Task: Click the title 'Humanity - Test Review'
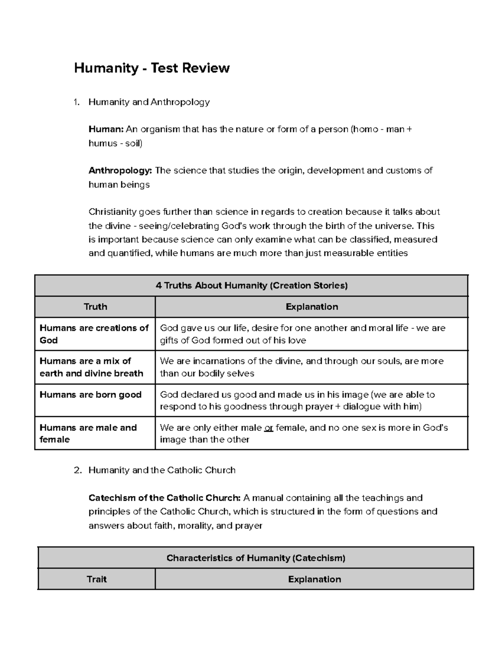coord(151,68)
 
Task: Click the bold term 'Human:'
coord(106,130)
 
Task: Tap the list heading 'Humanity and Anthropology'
coord(149,102)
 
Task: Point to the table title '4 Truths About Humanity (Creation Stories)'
coord(251,286)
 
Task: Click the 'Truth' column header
coord(95,307)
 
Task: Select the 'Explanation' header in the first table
coord(312,307)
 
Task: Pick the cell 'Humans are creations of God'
coord(94,334)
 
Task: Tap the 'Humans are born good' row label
coord(91,394)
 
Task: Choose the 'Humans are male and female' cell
coord(88,433)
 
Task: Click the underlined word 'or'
coord(269,428)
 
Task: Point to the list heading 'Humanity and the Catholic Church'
coord(162,470)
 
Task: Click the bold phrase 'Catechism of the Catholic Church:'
coord(164,498)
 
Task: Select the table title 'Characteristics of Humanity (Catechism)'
coord(256,558)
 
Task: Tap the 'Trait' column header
coord(97,579)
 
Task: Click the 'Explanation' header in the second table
coord(314,579)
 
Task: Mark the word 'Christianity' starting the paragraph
coord(113,212)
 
